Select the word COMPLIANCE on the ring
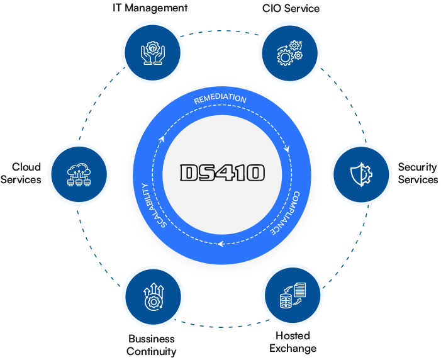tap(287, 213)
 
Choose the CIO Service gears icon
tap(289, 51)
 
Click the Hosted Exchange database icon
tap(291, 296)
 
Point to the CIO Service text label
tap(291, 8)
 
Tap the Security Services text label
tap(418, 173)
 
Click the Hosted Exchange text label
tap(293, 342)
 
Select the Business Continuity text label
tap(151, 345)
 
